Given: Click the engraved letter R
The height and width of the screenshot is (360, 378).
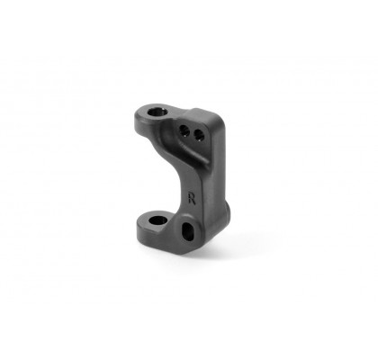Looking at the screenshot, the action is [192, 198].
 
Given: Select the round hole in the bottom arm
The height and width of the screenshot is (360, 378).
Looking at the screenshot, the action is [157, 220].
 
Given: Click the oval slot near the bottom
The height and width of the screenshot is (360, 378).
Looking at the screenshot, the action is [188, 231].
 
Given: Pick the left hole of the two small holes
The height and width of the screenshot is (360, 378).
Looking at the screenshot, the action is [184, 130].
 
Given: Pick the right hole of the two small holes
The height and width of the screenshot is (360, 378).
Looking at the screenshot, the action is [199, 135].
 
